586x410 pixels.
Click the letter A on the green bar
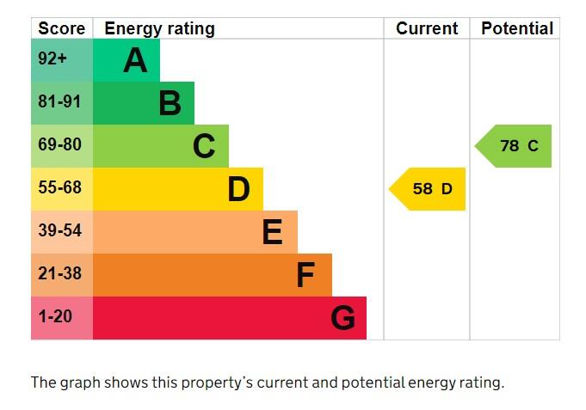pyautogui.click(x=135, y=60)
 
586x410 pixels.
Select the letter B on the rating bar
pyautogui.click(x=170, y=103)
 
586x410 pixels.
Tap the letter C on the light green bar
pyautogui.click(x=204, y=146)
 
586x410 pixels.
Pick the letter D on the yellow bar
pyautogui.click(x=238, y=189)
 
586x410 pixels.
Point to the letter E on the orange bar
pyautogui.click(x=272, y=232)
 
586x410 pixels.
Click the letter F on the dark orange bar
pyautogui.click(x=305, y=275)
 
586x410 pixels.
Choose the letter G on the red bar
pyautogui.click(x=342, y=318)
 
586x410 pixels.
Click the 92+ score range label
pyautogui.click(x=52, y=59)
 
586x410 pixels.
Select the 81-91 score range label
pyautogui.click(x=59, y=102)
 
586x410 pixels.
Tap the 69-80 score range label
pyautogui.click(x=59, y=145)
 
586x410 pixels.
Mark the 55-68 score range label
pyautogui.click(x=59, y=188)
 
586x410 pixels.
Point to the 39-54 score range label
pyautogui.click(x=59, y=231)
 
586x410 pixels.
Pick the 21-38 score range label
pyautogui.click(x=59, y=274)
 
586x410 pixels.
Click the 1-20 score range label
pyautogui.click(x=55, y=317)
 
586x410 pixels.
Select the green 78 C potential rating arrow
pyautogui.click(x=515, y=146)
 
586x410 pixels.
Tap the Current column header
pyautogui.click(x=427, y=28)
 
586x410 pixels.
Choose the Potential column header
pyautogui.click(x=516, y=28)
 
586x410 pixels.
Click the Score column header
pyautogui.click(x=62, y=28)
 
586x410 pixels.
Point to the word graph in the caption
pyautogui.click(x=79, y=382)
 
